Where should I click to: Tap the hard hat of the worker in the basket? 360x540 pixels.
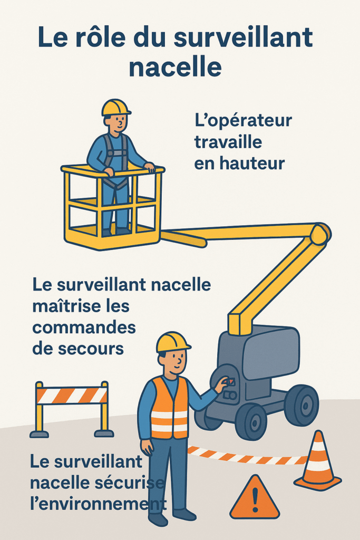click(x=115, y=107)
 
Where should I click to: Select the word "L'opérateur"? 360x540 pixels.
click(x=243, y=121)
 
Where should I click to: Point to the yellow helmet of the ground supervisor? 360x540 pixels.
click(x=172, y=342)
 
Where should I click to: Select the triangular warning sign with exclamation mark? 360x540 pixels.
click(x=255, y=499)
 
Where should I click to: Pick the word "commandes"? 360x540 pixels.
click(x=84, y=327)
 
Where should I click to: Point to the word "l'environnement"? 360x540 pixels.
click(x=95, y=504)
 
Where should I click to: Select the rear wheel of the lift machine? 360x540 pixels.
click(x=301, y=404)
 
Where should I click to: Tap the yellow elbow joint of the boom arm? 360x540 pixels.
click(x=319, y=234)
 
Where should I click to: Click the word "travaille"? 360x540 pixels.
click(x=228, y=142)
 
